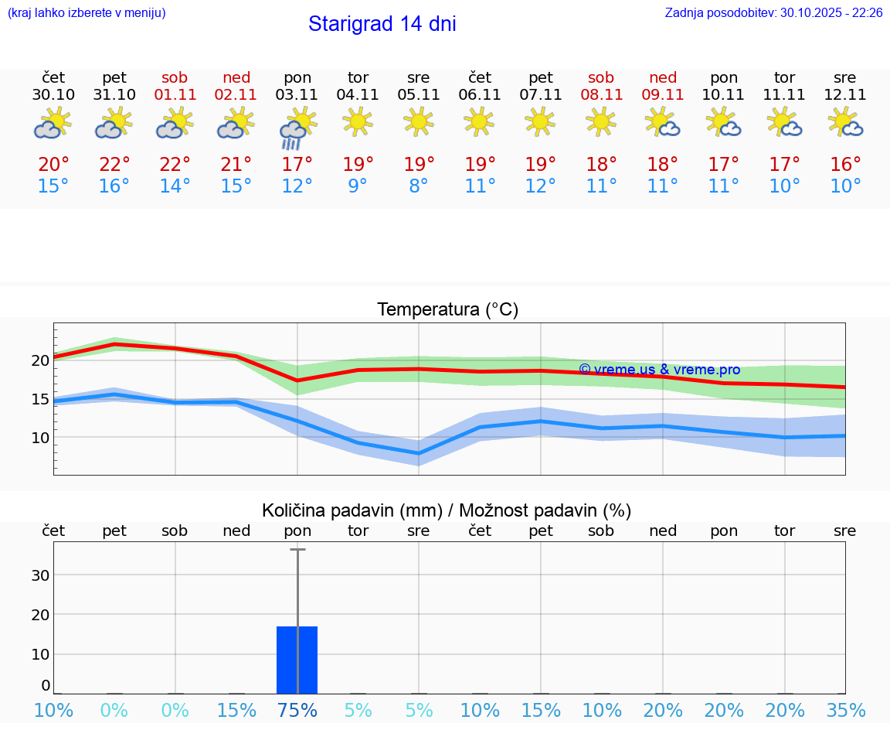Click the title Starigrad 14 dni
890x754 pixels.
(382, 24)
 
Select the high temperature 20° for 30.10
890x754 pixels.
(53, 165)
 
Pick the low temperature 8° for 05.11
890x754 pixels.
(419, 186)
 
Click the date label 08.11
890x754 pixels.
(601, 95)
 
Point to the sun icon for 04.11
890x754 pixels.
(358, 121)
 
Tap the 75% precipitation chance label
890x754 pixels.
(297, 710)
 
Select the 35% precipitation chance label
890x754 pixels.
(845, 710)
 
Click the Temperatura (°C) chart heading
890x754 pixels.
(447, 310)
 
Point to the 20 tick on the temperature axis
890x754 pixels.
(40, 360)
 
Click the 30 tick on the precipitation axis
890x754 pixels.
(40, 575)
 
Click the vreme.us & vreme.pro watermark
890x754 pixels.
(659, 370)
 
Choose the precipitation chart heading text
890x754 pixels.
(447, 510)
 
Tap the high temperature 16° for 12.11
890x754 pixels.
(845, 165)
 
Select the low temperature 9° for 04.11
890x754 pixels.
(358, 186)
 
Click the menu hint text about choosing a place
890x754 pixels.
(87, 12)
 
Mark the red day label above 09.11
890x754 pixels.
(662, 77)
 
